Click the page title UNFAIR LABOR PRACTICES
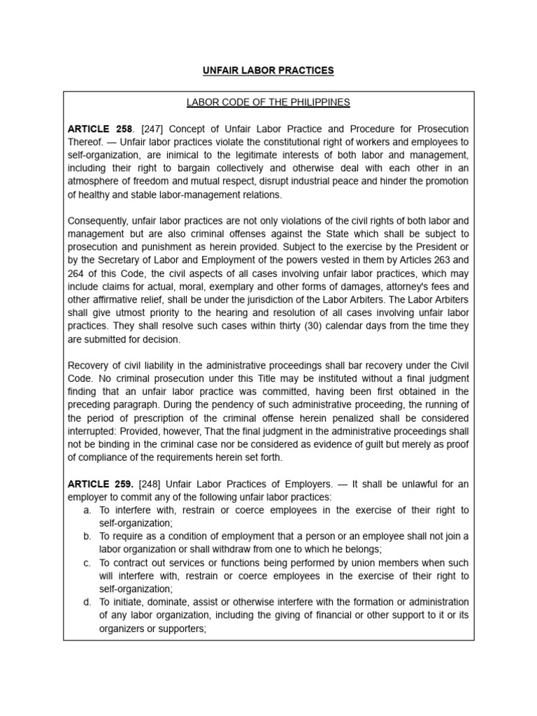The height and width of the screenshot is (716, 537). click(268, 71)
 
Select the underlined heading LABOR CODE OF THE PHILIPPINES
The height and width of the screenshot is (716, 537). click(268, 103)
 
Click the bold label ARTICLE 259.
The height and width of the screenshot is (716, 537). click(100, 483)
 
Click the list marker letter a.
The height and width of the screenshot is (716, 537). click(87, 510)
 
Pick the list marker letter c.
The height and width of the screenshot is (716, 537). click(87, 562)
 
